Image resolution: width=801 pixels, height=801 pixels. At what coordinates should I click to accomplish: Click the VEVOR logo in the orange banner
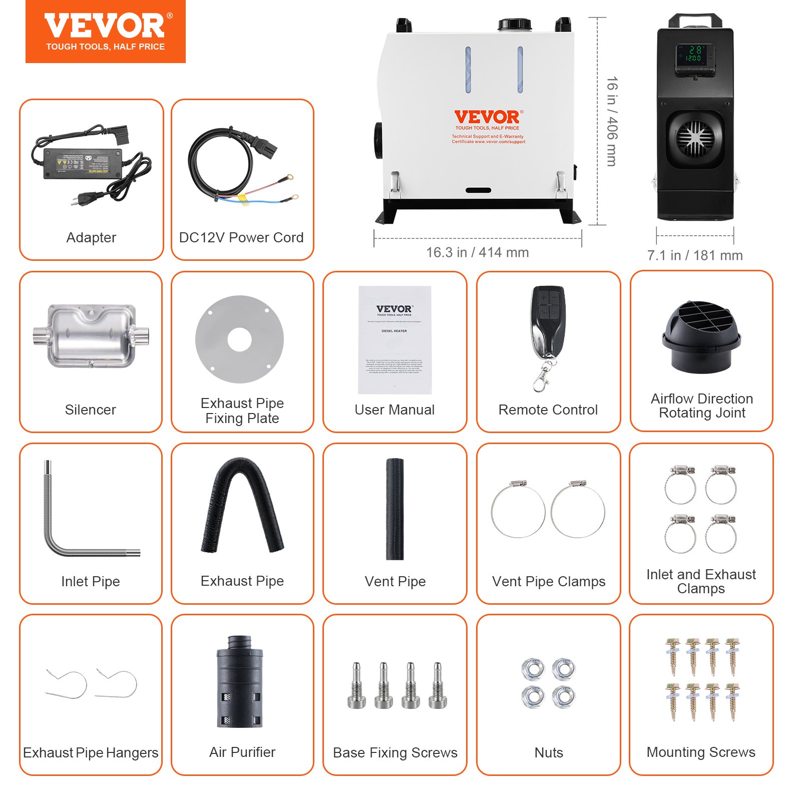105,27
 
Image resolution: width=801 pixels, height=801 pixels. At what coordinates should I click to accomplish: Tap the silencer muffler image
91,335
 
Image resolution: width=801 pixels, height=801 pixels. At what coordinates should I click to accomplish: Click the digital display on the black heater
694,56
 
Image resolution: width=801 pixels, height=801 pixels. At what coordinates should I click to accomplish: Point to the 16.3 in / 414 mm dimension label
477,252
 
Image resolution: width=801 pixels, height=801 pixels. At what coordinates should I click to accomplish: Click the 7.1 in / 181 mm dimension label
694,255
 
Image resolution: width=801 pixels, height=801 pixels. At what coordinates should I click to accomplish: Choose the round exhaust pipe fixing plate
239,339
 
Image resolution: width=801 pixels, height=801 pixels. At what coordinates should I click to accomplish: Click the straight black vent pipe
394,509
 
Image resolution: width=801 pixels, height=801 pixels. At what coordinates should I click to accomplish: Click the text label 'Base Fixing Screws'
395,752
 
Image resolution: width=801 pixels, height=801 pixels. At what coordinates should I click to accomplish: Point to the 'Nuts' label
549,752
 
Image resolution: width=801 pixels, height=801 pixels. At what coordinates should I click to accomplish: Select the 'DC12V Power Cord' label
241,237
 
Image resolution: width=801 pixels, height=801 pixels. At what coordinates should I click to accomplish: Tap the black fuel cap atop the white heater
514,24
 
